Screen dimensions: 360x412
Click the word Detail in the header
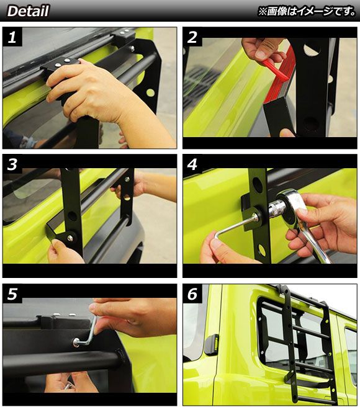[28, 11]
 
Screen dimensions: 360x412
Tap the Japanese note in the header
[306, 11]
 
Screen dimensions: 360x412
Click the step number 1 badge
[12, 37]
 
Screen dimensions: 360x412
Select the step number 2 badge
[192, 37]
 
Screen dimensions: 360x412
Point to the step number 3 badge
[12, 164]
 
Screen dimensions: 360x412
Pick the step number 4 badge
[192, 164]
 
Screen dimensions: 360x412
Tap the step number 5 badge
[12, 293]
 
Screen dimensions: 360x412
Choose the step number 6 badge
[192, 293]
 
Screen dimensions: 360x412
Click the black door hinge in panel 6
[211, 344]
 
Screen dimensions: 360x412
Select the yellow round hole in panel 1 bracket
[150, 92]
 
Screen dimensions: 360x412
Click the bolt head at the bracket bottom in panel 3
[70, 238]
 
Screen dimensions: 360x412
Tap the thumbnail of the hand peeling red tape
[270, 88]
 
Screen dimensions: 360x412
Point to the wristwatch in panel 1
[27, 142]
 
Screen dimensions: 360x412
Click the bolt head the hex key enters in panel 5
[76, 343]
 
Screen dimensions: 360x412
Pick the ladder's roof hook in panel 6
[283, 289]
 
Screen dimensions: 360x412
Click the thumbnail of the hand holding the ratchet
[270, 216]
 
